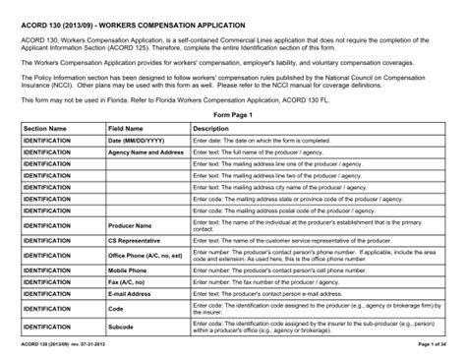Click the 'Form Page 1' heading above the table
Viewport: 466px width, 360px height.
click(233, 115)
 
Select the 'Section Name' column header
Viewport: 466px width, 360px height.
click(45, 129)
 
